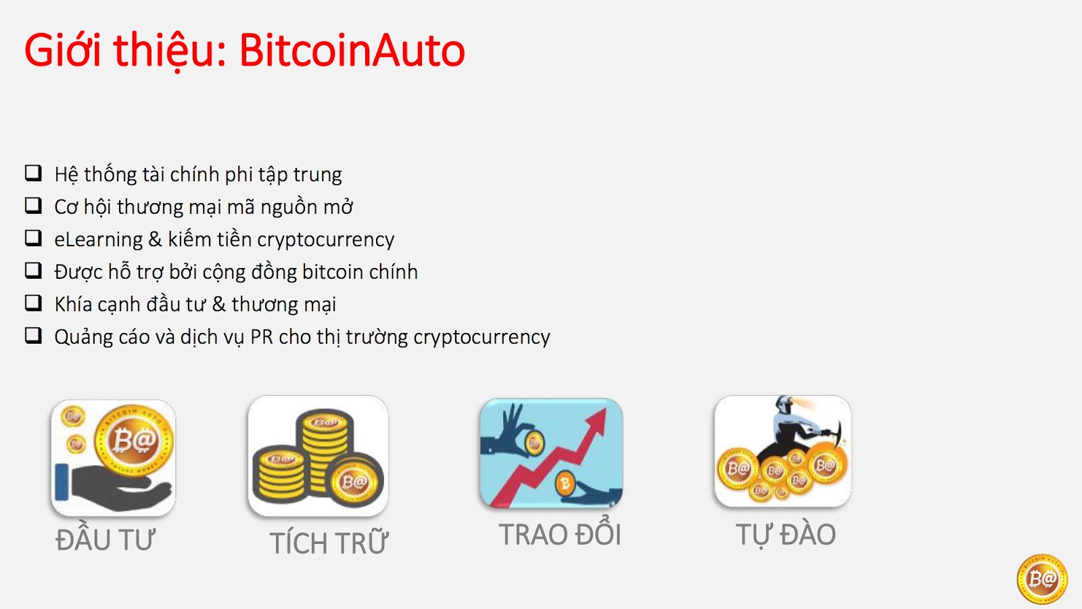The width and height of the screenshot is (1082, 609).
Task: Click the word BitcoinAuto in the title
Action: [352, 50]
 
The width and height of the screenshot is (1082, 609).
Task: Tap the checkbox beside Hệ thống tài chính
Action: [33, 173]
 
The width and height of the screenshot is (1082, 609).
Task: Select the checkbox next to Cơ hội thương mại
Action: [33, 206]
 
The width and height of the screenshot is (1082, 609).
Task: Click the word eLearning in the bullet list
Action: [98, 240]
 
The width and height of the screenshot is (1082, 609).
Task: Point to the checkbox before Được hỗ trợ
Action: [33, 271]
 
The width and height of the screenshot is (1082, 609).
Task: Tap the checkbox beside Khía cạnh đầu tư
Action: [33, 303]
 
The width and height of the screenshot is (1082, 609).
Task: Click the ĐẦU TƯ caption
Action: [105, 539]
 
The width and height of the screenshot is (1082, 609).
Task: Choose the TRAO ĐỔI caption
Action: [560, 534]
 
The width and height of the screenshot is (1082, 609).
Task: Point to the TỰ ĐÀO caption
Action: [786, 535]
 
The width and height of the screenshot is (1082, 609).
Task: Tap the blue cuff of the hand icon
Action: [62, 481]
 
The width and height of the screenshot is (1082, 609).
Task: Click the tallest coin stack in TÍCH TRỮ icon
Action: [325, 449]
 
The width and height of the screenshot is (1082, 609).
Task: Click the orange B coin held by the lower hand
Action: [564, 483]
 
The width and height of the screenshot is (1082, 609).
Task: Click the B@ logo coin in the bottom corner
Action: [1042, 579]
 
